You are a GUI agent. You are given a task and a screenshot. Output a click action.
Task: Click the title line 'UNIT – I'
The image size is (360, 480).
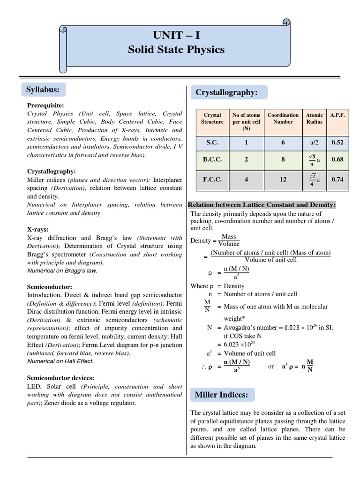click(176, 35)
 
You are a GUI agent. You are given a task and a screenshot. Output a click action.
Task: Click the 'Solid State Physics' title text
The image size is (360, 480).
click(176, 50)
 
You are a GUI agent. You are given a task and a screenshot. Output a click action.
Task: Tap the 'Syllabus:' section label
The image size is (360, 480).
click(43, 89)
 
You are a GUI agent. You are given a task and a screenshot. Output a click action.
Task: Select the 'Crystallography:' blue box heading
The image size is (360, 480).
click(226, 93)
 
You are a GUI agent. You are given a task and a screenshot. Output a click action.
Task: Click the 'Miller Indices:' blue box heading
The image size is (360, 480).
click(221, 395)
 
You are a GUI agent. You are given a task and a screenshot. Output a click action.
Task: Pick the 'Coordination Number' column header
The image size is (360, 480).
click(283, 118)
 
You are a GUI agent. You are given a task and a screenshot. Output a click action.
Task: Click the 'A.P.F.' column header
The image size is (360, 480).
click(337, 115)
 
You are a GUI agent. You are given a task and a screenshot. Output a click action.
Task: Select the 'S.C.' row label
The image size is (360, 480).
click(212, 142)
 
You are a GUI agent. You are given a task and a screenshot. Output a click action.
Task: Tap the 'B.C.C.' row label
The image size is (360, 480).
click(212, 159)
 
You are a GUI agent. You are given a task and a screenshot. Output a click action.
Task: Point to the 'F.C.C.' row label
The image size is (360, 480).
click(212, 179)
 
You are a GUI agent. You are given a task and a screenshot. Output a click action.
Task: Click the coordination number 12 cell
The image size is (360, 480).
click(283, 179)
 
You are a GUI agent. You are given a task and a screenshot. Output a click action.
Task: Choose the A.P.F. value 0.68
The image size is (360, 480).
click(337, 159)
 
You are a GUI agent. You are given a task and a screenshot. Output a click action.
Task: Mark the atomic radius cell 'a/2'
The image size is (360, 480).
click(314, 142)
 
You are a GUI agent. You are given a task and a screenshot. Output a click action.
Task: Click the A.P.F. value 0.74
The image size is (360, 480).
click(337, 179)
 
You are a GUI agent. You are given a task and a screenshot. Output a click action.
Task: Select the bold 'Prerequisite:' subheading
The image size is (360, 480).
click(45, 105)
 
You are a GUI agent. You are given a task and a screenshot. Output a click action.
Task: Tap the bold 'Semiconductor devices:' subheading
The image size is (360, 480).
click(60, 378)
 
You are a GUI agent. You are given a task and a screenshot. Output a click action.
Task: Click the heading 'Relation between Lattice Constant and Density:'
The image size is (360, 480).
click(262, 205)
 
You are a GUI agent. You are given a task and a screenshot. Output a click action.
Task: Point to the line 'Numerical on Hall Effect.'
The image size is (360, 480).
click(60, 361)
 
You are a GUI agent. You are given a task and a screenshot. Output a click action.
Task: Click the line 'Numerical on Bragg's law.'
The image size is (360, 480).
click(62, 271)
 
